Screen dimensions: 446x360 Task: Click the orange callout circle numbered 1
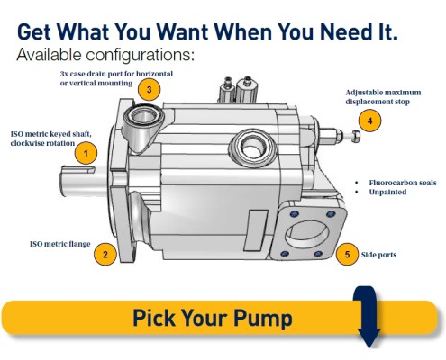[86, 153]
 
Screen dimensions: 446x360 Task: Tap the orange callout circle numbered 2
[105, 255]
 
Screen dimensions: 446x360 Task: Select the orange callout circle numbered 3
[150, 89]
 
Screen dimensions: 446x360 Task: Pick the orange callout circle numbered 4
[369, 121]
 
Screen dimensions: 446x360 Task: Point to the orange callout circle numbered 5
[347, 255]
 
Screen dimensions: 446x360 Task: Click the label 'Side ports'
[378, 255]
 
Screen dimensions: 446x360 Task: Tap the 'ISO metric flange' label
[60, 244]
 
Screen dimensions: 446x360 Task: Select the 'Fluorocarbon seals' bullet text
[403, 183]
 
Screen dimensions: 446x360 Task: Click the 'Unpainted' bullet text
[387, 192]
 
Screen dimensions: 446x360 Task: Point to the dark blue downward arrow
[369, 317]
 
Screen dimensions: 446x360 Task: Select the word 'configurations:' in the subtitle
[141, 55]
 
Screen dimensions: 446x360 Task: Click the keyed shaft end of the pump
[78, 181]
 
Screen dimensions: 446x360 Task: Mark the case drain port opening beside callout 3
[143, 115]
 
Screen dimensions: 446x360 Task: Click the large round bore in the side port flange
[306, 234]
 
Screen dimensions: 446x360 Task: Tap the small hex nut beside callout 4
[356, 137]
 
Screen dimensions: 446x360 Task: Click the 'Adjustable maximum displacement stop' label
[383, 97]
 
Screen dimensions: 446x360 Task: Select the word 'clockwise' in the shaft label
[27, 143]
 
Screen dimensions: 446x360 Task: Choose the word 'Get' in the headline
[34, 31]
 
